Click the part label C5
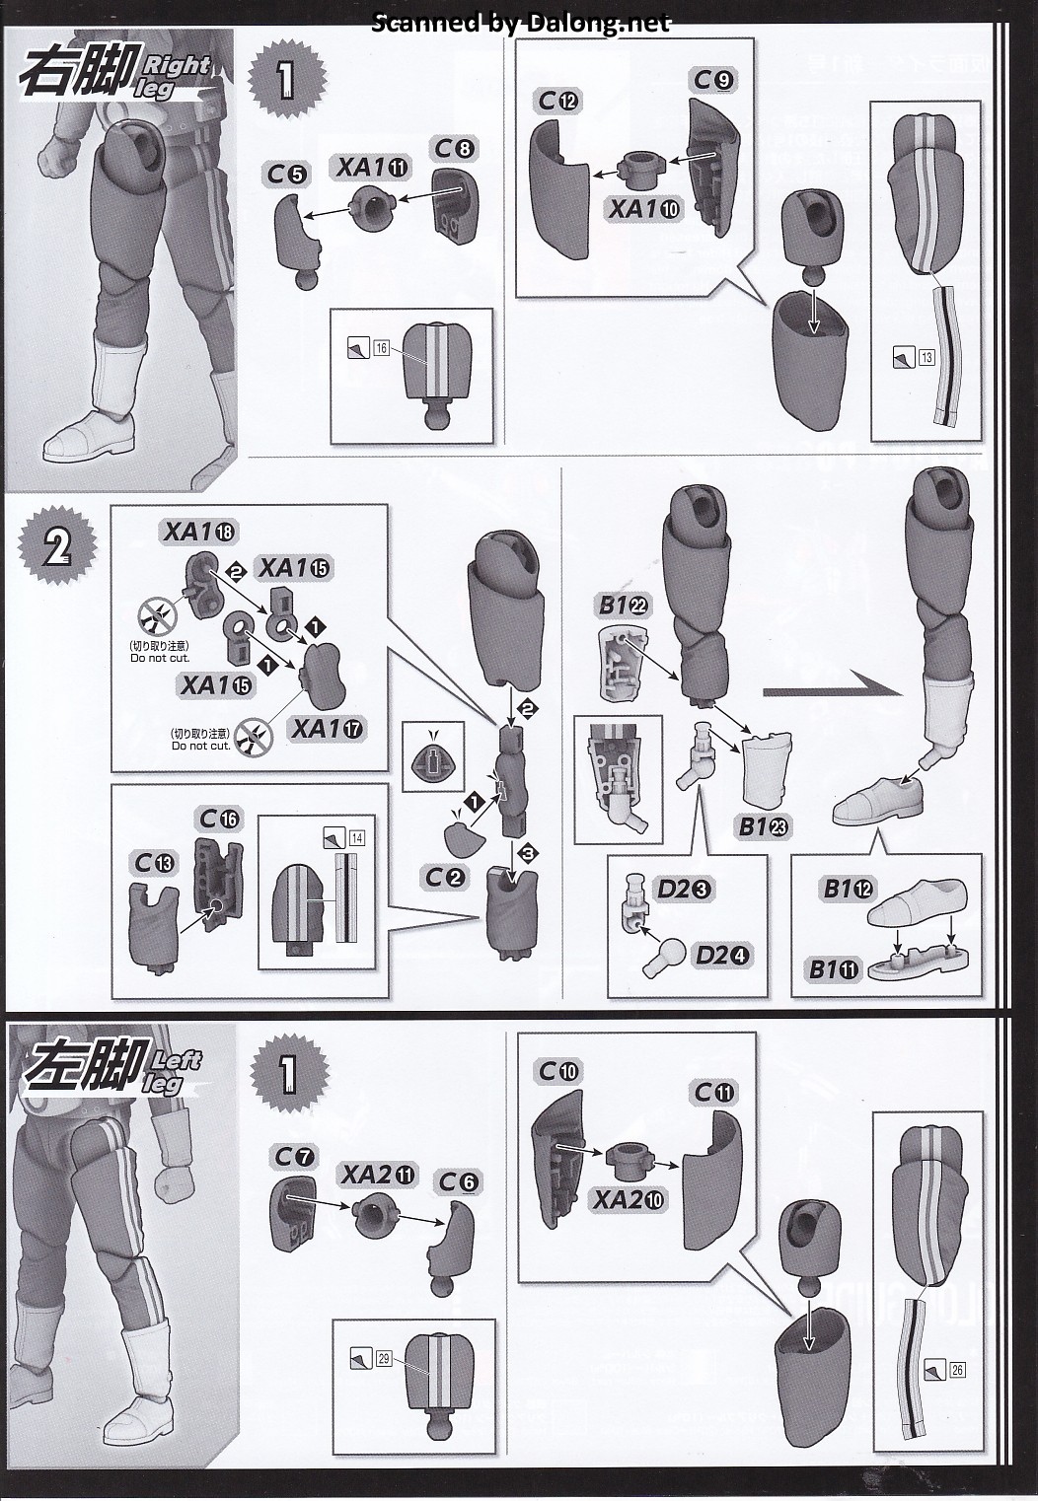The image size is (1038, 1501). pos(286,175)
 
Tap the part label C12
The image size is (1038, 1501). pos(558,100)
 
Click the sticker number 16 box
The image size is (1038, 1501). pos(382,347)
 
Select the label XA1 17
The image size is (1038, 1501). pos(327,729)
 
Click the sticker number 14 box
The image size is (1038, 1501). pos(356,838)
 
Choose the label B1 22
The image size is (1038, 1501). pos(623,606)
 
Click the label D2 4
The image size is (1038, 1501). pos(722,955)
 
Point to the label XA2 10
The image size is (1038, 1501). pos(629,1199)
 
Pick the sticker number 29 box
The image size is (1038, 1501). pos(383,1358)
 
